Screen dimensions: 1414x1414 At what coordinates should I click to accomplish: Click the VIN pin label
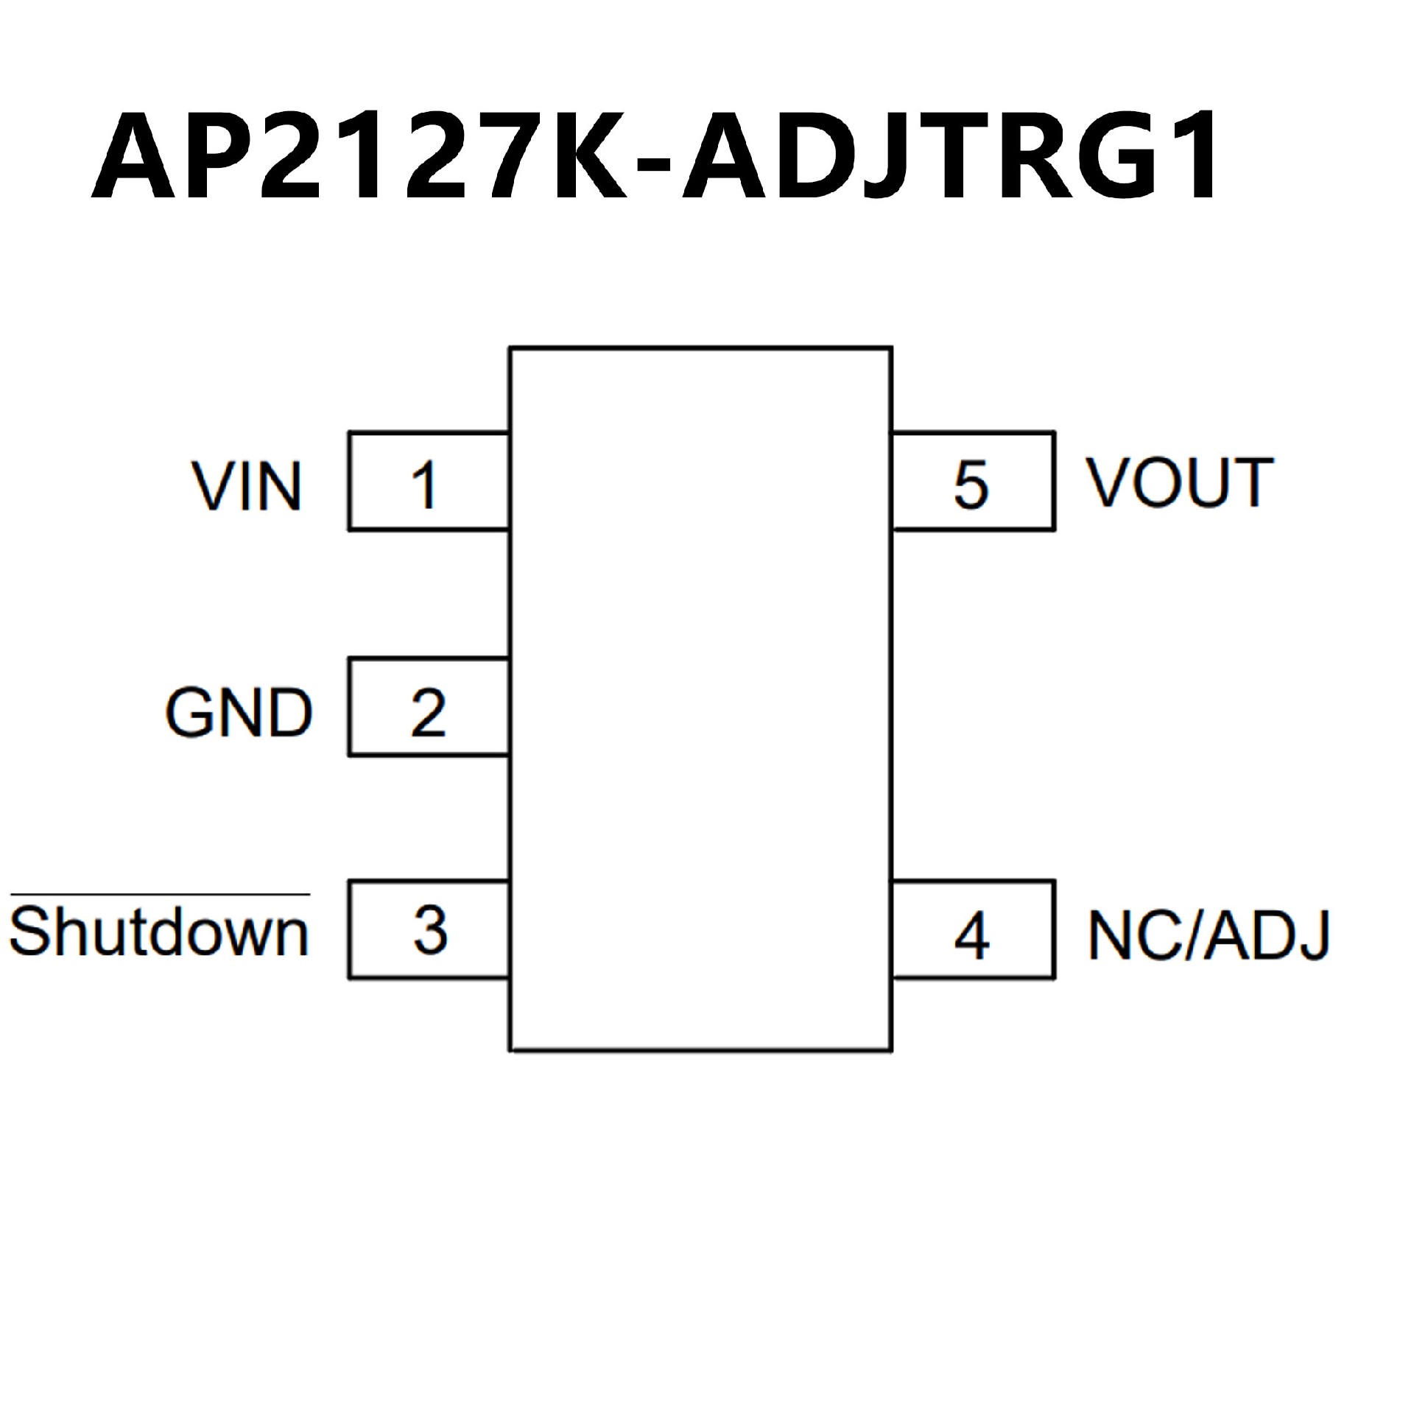point(247,486)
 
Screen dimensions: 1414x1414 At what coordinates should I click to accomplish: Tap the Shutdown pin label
point(158,932)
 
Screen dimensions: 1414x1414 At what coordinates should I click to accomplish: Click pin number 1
point(425,485)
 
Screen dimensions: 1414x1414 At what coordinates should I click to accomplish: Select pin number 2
point(428,712)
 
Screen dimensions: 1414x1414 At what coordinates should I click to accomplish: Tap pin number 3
point(430,930)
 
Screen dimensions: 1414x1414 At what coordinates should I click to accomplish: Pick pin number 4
point(971,936)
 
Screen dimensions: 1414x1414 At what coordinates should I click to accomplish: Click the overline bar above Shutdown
point(160,894)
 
